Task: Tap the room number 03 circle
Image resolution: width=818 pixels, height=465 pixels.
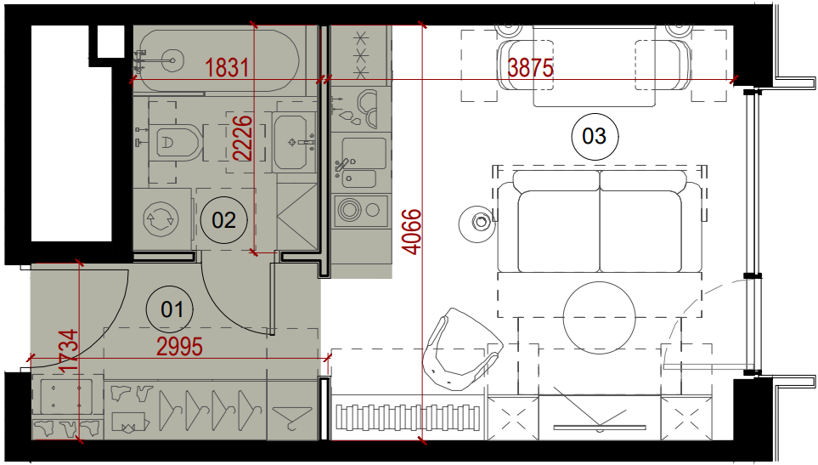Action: click(595, 136)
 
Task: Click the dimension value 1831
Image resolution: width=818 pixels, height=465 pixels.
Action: click(227, 68)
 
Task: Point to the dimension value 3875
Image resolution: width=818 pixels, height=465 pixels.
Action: click(531, 68)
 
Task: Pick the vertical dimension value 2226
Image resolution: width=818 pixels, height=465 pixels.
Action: click(243, 138)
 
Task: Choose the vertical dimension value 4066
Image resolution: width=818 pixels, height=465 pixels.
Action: click(412, 232)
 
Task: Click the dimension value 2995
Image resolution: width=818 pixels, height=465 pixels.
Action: click(179, 347)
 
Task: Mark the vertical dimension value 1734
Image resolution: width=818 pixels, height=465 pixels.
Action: click(70, 351)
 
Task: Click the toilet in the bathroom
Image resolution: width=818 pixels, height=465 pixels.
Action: click(174, 142)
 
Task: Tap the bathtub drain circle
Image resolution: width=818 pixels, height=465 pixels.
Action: click(172, 60)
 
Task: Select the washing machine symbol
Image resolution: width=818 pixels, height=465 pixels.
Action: click(161, 219)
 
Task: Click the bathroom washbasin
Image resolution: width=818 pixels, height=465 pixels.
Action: click(294, 141)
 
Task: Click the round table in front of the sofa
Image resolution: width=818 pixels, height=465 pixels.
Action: click(600, 318)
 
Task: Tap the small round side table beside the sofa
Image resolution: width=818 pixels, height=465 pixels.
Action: click(477, 224)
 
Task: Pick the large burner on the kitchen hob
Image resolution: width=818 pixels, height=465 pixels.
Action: click(349, 210)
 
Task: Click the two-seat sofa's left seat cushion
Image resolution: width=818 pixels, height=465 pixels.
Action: click(559, 230)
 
